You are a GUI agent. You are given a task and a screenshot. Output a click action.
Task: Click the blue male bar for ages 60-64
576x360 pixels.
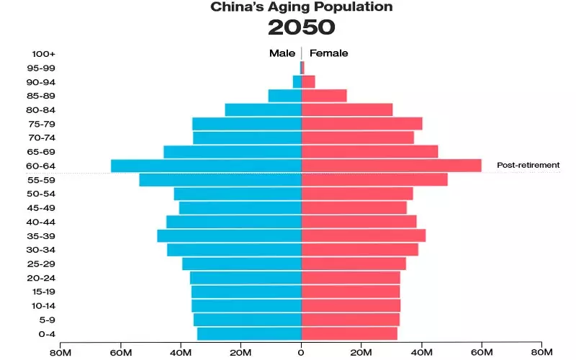(206, 166)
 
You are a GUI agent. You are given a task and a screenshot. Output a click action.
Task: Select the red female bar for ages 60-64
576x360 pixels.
(391, 166)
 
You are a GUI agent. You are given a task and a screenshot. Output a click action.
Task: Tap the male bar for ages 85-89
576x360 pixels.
(284, 96)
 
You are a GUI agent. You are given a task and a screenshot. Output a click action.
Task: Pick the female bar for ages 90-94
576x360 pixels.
(308, 82)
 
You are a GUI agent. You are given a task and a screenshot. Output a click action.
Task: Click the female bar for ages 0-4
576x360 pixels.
(349, 333)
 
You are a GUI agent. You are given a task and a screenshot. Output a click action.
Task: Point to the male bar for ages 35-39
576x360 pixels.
(229, 235)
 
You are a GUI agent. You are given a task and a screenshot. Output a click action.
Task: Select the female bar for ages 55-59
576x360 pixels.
(374, 179)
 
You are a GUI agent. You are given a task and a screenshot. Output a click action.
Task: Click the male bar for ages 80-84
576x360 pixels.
(263, 109)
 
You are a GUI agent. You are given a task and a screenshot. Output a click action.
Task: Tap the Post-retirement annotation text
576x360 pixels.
(528, 165)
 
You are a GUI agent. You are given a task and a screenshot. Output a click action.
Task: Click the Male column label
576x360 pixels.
(282, 53)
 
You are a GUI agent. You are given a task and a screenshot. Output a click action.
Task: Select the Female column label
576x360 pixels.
(328, 53)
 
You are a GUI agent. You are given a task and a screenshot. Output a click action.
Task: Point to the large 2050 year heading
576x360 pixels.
(301, 27)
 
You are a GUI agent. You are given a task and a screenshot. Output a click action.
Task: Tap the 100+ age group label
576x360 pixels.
(43, 54)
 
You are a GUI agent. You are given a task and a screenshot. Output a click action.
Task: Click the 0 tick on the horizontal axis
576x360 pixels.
(301, 352)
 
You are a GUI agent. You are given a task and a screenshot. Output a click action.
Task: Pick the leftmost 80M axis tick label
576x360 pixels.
(60, 352)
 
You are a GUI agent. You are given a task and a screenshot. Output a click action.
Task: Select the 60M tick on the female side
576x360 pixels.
(482, 352)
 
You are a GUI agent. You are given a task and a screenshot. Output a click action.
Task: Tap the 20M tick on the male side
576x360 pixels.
(240, 352)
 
